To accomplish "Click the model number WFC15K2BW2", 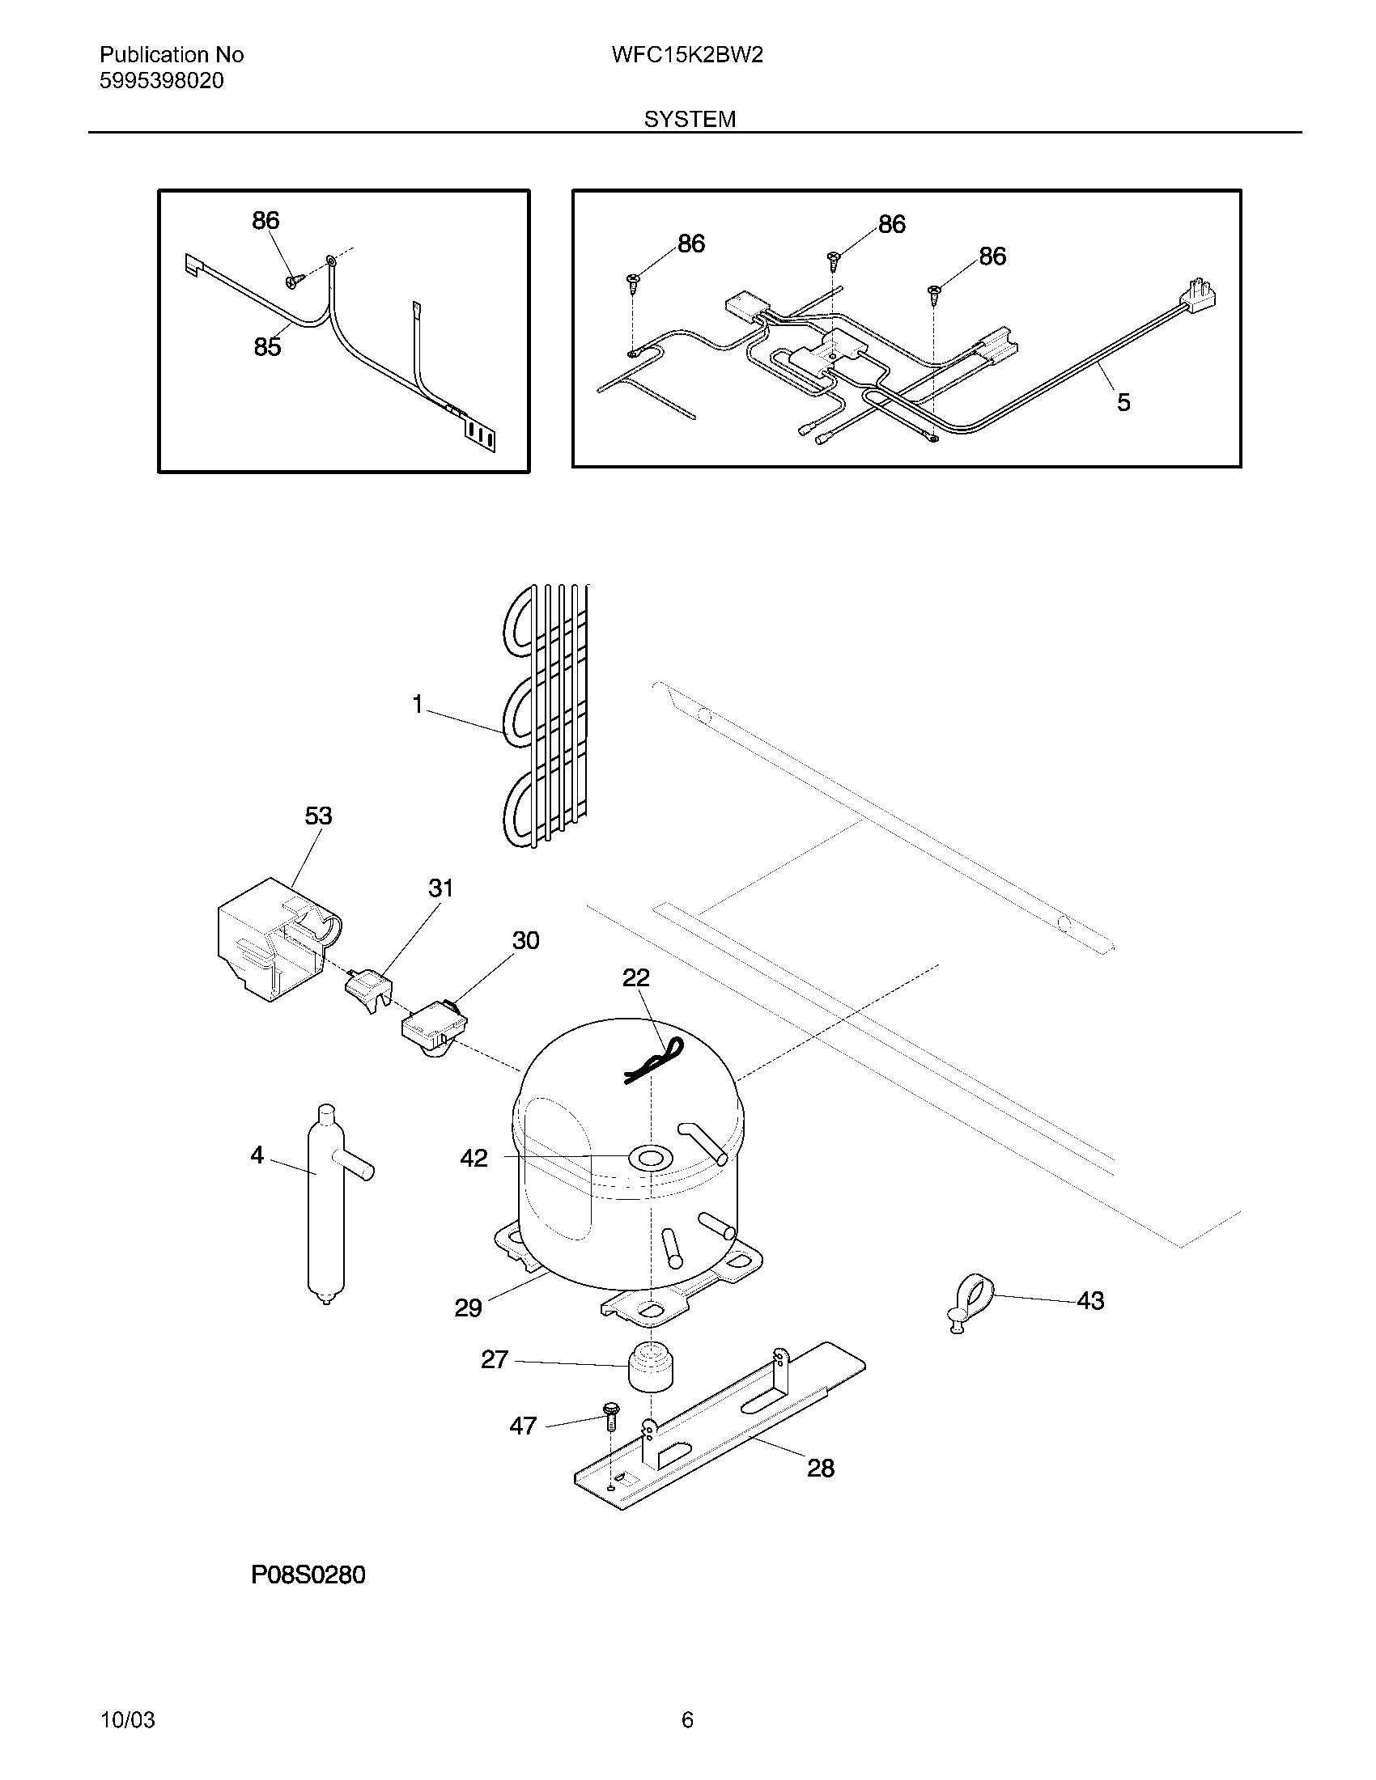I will (x=686, y=55).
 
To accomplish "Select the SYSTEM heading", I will (x=690, y=119).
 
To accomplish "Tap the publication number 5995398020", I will (x=161, y=81).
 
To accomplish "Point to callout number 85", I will (x=267, y=347).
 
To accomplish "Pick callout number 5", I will (x=1123, y=402).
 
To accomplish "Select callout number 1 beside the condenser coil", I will (x=418, y=704).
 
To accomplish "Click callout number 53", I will (x=318, y=816).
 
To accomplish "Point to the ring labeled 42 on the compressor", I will (x=651, y=1157).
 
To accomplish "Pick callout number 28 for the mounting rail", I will (x=820, y=1468).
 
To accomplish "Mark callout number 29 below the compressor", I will (x=468, y=1308).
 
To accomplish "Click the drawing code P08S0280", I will (x=308, y=1574).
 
